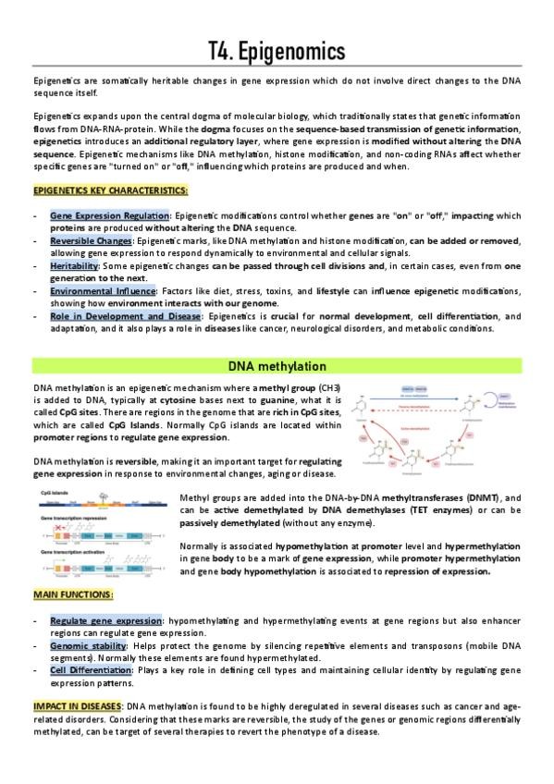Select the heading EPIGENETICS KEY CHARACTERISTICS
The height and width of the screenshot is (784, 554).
click(110, 191)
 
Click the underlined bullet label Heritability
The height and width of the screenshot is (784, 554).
click(74, 265)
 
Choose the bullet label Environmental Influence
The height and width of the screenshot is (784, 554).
click(102, 291)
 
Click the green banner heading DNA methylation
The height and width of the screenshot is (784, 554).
click(277, 366)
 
